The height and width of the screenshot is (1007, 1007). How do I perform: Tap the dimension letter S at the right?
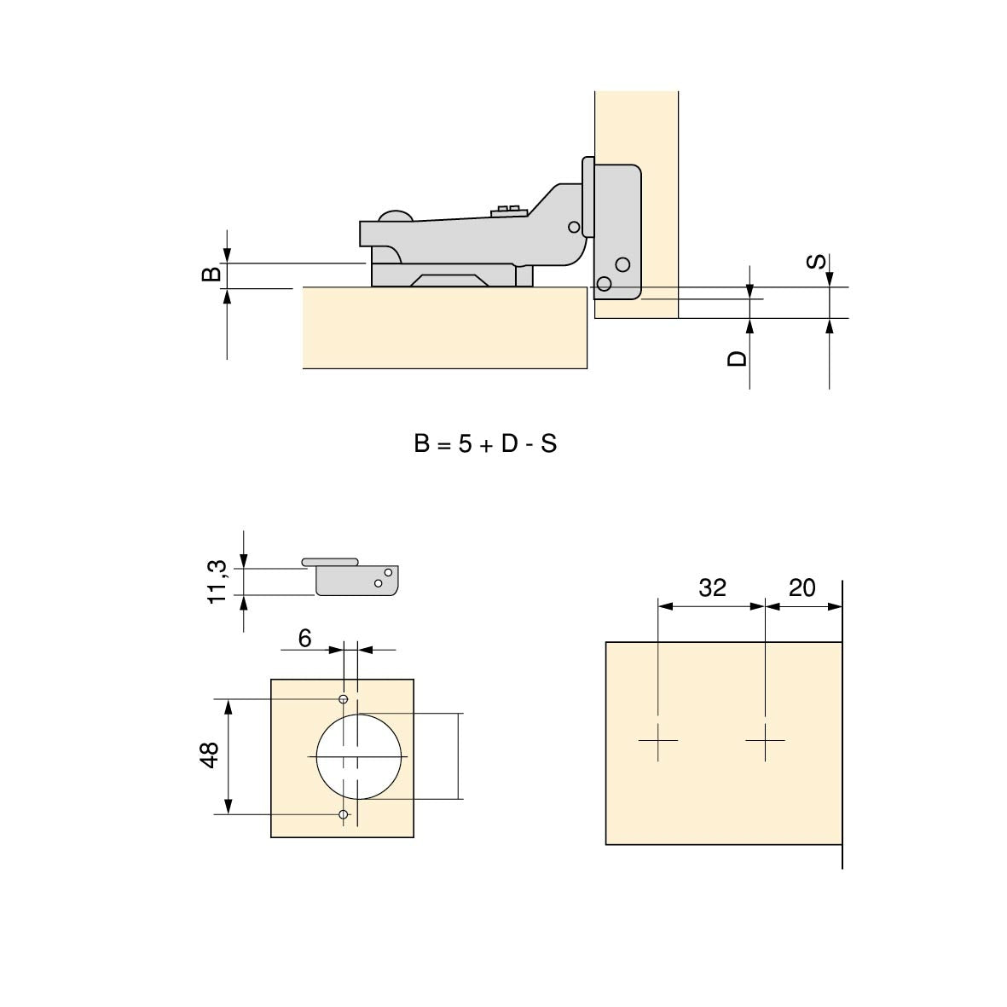pyautogui.click(x=816, y=261)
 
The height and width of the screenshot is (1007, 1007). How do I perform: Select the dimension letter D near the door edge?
pyautogui.click(x=737, y=358)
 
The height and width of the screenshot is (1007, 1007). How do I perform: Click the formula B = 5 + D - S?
pyautogui.click(x=485, y=444)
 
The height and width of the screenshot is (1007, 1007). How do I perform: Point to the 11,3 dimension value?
pyautogui.click(x=218, y=582)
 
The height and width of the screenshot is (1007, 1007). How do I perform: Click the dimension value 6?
pyautogui.click(x=305, y=638)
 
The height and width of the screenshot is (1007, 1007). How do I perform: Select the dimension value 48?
pyautogui.click(x=211, y=755)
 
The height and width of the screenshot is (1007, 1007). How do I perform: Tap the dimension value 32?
pyautogui.click(x=712, y=587)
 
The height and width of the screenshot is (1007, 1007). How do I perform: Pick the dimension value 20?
pyautogui.click(x=802, y=587)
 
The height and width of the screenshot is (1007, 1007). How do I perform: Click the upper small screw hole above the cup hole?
pyautogui.click(x=344, y=700)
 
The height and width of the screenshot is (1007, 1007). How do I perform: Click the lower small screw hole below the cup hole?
pyautogui.click(x=344, y=815)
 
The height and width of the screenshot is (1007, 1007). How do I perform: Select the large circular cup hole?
pyautogui.click(x=359, y=757)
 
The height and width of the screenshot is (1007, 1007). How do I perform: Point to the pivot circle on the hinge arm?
pyautogui.click(x=575, y=227)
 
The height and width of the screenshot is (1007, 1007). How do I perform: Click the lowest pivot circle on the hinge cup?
pyautogui.click(x=605, y=283)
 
